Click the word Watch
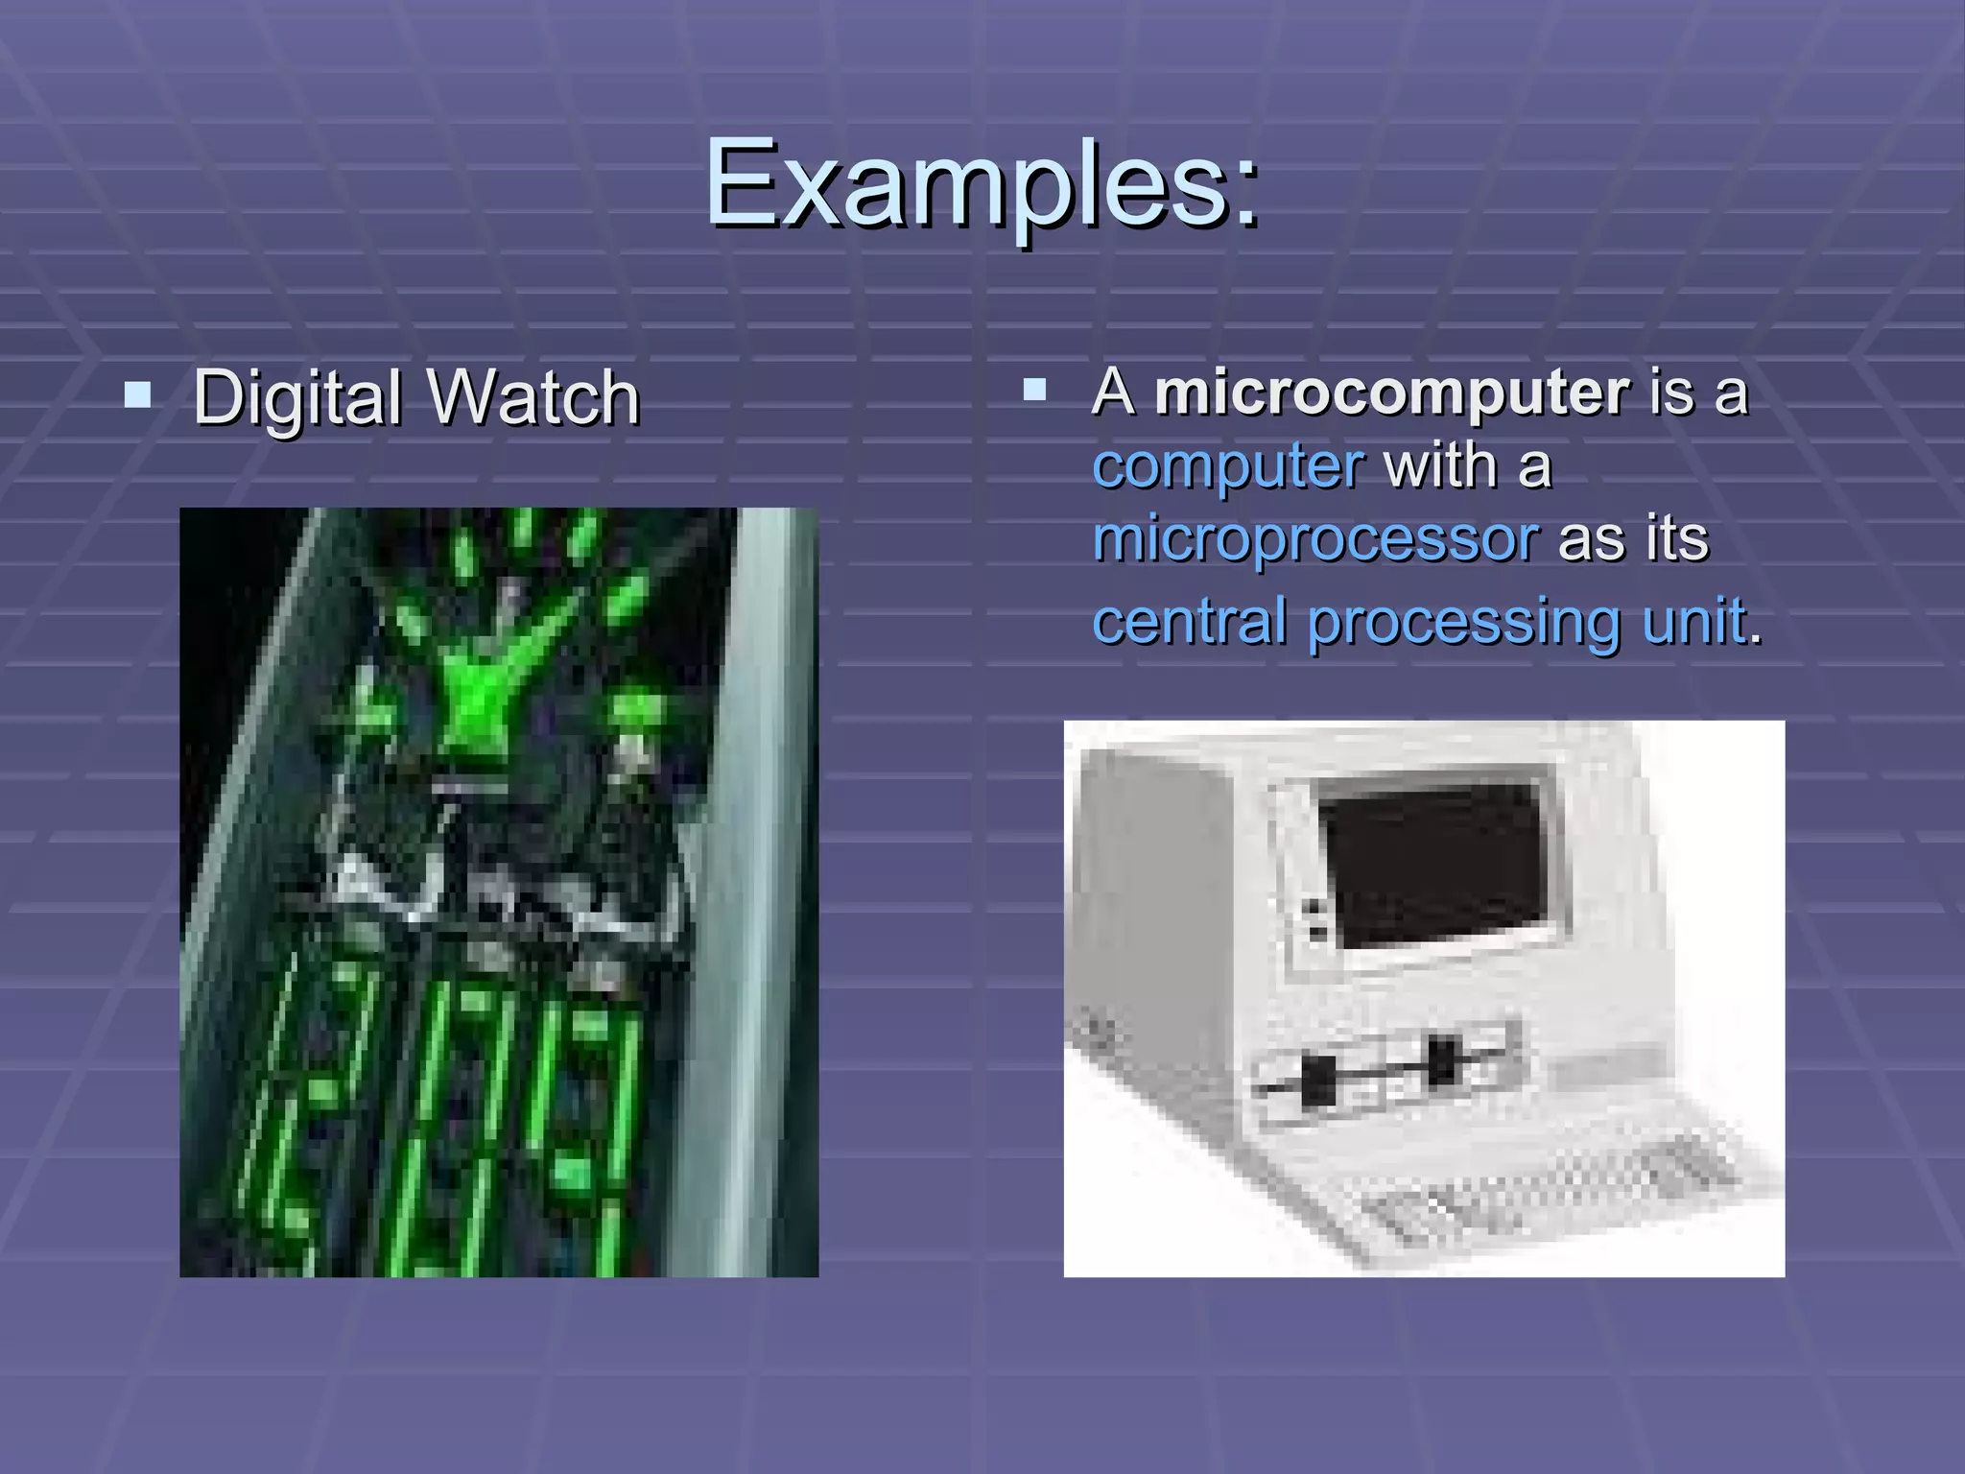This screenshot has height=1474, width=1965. coord(533,397)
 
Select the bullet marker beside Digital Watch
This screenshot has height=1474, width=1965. coord(138,394)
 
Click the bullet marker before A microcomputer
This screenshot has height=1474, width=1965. coord(1034,389)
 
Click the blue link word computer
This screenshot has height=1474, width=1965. coord(1228,466)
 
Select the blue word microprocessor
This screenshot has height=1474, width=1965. coord(1315,538)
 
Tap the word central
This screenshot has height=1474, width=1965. coord(1189,621)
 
